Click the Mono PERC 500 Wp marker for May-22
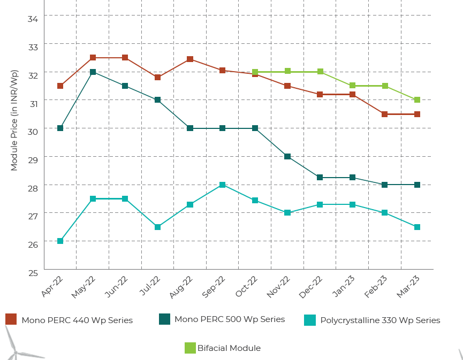click(x=93, y=72)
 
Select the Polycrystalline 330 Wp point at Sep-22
click(x=222, y=185)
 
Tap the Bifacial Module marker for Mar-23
click(x=417, y=100)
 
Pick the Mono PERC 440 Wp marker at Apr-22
click(x=60, y=86)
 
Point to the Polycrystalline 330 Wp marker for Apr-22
click(x=60, y=241)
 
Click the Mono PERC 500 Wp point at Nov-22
click(x=287, y=156)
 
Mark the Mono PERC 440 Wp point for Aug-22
click(x=190, y=59)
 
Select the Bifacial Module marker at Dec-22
click(x=320, y=72)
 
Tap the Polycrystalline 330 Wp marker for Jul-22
click(x=157, y=227)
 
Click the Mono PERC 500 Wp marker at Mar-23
click(x=417, y=185)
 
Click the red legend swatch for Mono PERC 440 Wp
click(x=11, y=319)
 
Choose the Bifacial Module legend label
click(x=229, y=348)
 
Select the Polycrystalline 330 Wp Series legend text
click(x=380, y=320)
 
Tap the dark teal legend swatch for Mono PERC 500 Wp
click(x=165, y=319)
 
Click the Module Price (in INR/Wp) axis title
click(x=14, y=120)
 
